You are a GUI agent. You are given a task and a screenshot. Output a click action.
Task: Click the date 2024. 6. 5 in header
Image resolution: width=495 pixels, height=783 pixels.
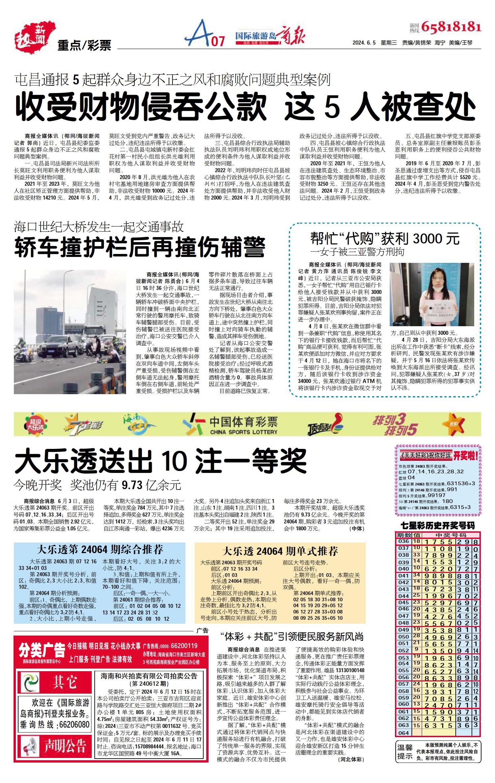[364, 43]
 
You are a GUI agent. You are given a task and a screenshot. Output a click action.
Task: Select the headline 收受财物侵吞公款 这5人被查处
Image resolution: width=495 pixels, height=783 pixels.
[246, 107]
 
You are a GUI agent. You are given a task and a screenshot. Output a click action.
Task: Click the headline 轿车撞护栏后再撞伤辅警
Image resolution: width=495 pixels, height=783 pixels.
[140, 247]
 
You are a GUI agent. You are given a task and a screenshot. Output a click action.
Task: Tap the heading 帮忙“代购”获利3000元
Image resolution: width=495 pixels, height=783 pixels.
[385, 238]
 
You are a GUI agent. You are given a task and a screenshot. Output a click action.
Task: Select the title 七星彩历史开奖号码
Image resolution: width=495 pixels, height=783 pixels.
[438, 526]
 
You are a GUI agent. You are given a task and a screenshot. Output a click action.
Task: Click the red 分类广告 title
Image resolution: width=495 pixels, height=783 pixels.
[42, 650]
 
